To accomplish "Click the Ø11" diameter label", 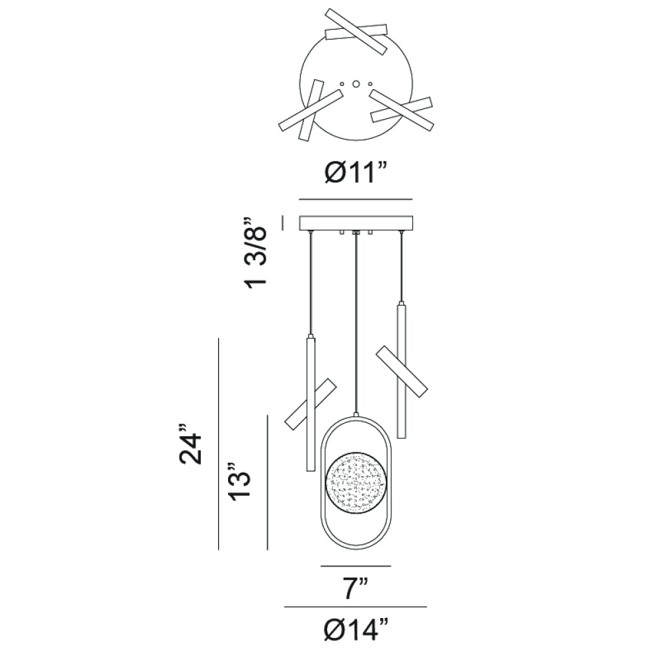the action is [356, 173].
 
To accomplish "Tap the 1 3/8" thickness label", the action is [256, 252].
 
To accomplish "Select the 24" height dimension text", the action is [191, 444].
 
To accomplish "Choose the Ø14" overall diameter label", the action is [356, 629].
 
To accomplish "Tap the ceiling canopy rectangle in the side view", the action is [356, 223].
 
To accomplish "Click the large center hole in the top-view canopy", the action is [356, 83].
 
